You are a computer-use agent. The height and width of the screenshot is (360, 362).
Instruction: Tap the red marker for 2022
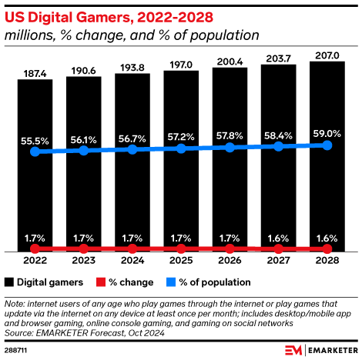(x=35, y=249)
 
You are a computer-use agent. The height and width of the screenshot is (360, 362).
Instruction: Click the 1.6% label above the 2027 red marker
(x=279, y=238)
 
